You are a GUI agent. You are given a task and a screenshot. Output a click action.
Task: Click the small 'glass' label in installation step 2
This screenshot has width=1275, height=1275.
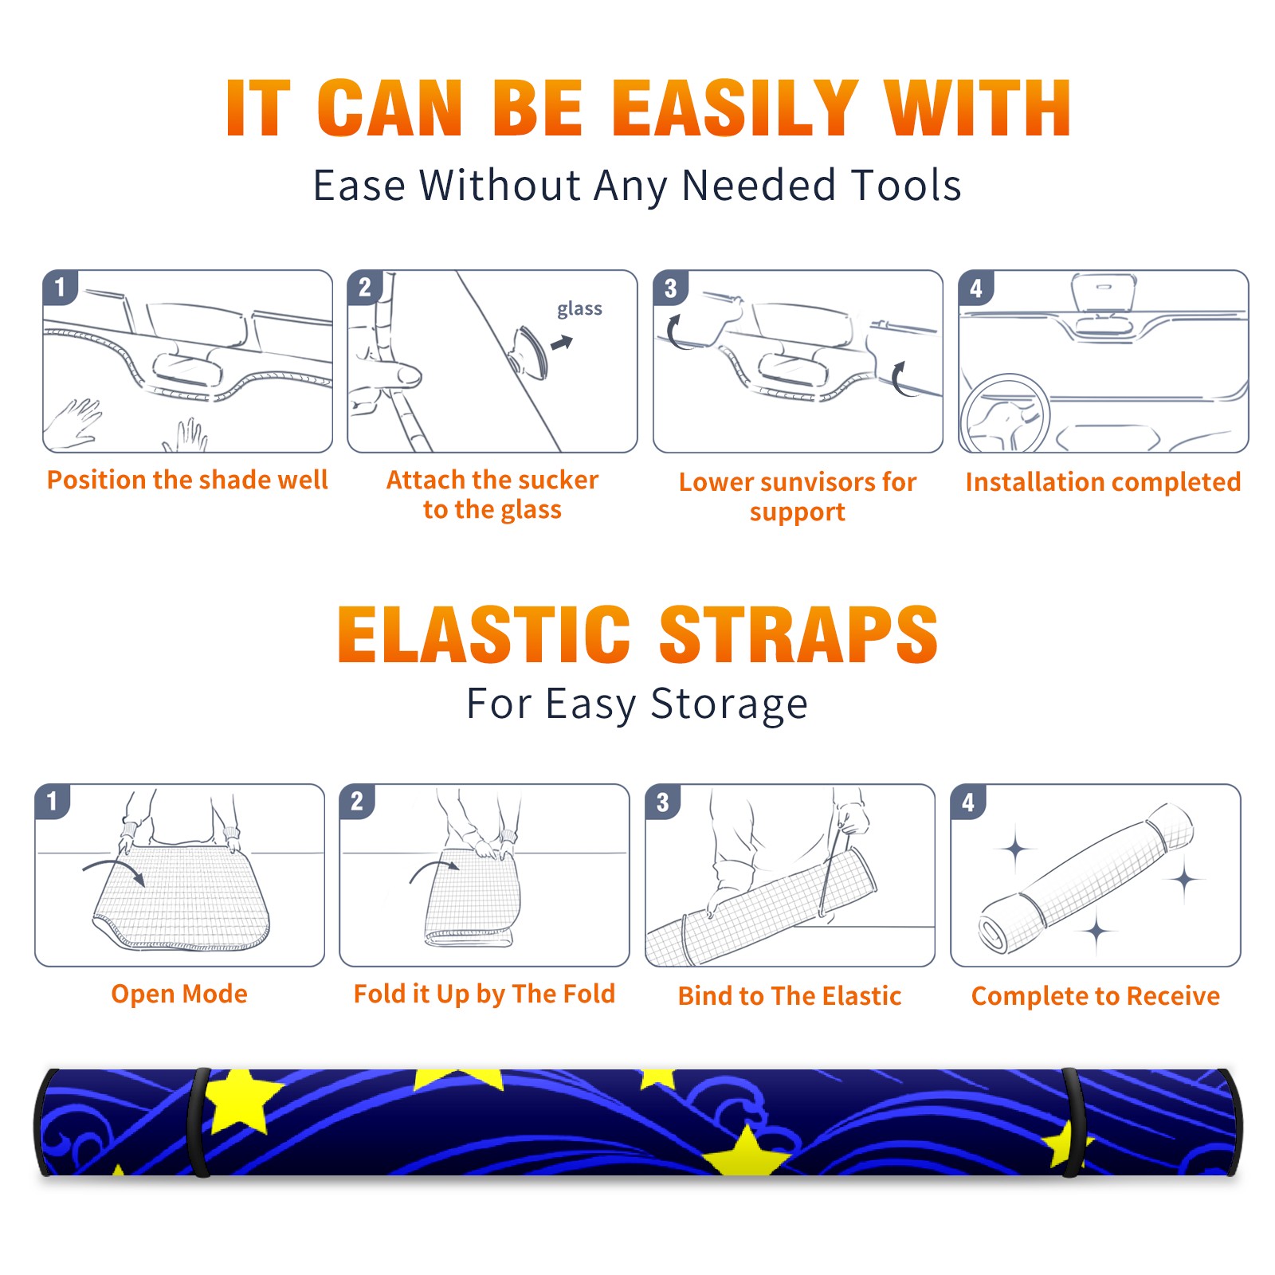tap(579, 309)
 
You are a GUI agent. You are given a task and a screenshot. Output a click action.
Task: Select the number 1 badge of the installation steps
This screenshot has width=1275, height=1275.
tap(60, 287)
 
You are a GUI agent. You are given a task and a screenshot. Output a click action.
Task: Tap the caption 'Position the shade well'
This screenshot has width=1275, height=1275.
tap(187, 481)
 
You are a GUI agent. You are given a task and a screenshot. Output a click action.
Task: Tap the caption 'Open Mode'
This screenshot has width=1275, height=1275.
tap(179, 994)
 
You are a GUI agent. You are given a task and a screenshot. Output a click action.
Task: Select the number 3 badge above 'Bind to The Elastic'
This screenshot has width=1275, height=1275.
tap(662, 802)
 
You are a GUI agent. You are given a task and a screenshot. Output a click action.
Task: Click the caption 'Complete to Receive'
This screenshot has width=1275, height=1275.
tap(1096, 996)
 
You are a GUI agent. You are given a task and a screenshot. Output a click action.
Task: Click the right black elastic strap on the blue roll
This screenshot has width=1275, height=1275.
tap(1072, 1122)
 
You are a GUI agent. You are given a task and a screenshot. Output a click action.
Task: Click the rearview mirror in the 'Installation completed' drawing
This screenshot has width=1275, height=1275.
tap(1104, 292)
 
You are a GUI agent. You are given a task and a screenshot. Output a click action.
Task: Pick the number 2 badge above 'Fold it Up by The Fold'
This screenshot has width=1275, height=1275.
tap(357, 802)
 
